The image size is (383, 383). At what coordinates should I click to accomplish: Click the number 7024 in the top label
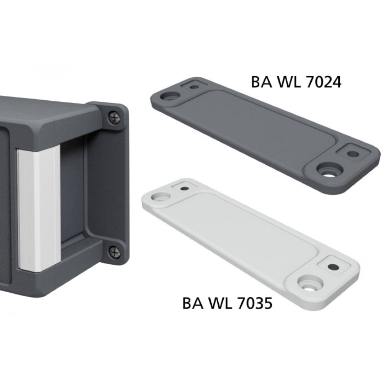[x=323, y=82]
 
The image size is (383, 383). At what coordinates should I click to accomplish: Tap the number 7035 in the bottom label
[x=254, y=303]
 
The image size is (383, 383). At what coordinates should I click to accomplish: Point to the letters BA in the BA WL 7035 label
[x=193, y=303]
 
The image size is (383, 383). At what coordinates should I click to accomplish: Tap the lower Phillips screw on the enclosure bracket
[x=115, y=252]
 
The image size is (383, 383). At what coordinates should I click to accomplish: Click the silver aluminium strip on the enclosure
[x=39, y=209]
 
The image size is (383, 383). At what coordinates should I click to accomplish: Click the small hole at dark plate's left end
[x=195, y=87]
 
